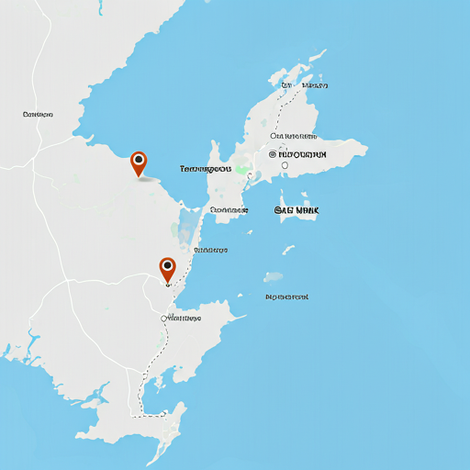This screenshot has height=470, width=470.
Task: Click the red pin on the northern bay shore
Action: click(x=139, y=163)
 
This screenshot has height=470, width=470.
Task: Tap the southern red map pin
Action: click(x=167, y=269)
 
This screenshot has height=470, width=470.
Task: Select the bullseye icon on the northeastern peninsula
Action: click(x=273, y=154)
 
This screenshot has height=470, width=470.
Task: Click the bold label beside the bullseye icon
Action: click(x=302, y=154)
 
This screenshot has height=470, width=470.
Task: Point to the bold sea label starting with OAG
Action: click(x=297, y=211)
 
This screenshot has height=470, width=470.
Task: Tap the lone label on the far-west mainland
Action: click(x=38, y=115)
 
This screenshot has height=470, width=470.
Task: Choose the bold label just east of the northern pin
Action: click(x=206, y=170)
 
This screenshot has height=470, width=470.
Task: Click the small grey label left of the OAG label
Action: click(x=229, y=210)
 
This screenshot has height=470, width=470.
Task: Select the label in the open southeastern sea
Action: click(x=286, y=297)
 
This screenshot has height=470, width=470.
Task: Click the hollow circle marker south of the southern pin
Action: click(x=164, y=319)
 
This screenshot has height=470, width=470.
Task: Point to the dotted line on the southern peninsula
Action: click(x=142, y=390)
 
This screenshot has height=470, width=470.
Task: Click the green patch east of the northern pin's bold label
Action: click(x=241, y=170)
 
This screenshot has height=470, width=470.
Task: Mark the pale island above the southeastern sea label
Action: click(x=274, y=276)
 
